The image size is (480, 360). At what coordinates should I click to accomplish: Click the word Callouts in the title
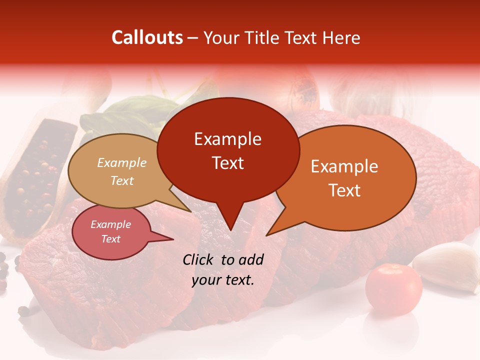(147, 37)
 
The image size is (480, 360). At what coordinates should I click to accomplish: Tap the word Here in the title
(340, 37)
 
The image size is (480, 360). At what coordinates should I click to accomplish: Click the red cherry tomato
(393, 289)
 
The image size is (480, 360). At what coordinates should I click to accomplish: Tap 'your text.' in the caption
(223, 280)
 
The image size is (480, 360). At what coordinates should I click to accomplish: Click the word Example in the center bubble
(228, 139)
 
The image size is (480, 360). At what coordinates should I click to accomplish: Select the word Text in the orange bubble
(344, 190)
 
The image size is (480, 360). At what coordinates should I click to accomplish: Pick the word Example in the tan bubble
(122, 163)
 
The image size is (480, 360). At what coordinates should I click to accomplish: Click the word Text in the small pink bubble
(111, 239)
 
